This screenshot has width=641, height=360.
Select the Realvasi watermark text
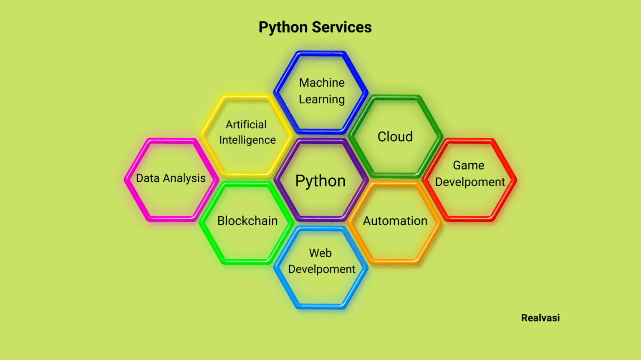[540, 318]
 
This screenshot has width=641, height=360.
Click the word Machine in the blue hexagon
[322, 82]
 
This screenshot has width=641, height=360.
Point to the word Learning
[322, 100]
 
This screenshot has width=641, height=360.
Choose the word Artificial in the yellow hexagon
[246, 125]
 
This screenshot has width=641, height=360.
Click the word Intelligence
[247, 140]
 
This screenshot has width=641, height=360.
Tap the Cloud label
[395, 137]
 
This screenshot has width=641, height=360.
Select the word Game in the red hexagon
[469, 165]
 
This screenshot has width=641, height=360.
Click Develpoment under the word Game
[470, 182]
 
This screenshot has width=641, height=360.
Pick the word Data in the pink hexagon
[148, 178]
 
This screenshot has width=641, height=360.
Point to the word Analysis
[184, 178]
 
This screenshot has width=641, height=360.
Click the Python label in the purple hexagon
[320, 181]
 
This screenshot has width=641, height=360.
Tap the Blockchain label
[247, 221]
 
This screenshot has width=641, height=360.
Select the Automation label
[395, 221]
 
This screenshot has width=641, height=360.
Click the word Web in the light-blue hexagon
[320, 253]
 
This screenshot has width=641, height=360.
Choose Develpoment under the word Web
[322, 269]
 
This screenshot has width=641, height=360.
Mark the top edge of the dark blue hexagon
[320, 53]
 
